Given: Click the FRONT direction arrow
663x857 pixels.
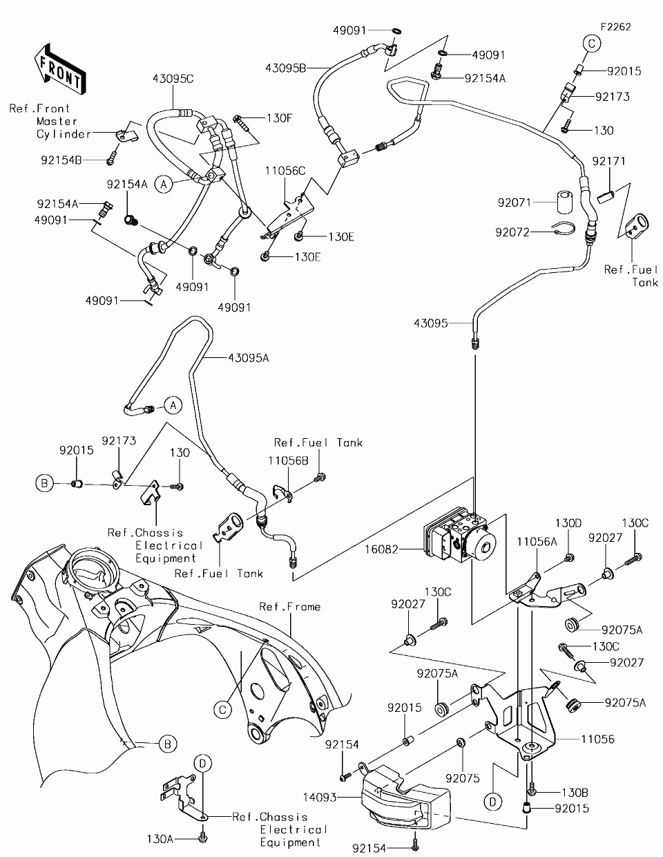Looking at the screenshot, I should click(x=61, y=68).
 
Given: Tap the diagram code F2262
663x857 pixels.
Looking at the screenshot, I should click(x=616, y=27).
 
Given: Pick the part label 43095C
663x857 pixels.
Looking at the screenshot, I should click(x=173, y=79).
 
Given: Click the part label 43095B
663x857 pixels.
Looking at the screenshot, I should click(x=285, y=67).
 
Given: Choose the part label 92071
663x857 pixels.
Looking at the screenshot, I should click(x=512, y=203).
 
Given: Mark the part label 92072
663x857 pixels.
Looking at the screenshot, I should click(x=512, y=232).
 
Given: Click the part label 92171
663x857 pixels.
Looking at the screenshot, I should click(x=608, y=161).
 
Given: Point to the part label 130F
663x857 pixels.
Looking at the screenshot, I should click(x=271, y=118).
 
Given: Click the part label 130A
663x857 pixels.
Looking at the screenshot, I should click(x=160, y=838).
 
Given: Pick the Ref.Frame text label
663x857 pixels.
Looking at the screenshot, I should click(x=289, y=607).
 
